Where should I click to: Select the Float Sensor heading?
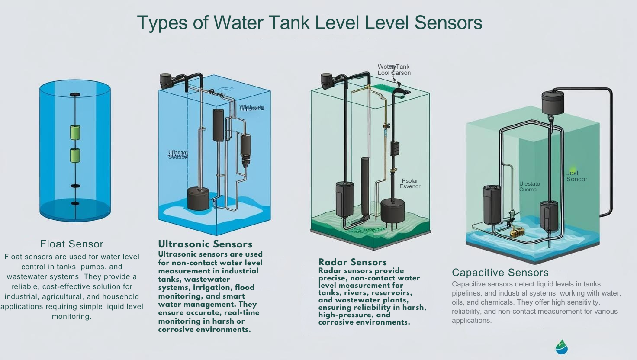72,244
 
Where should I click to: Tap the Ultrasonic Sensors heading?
205,244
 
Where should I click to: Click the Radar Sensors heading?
352,262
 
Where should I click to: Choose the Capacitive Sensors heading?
500,273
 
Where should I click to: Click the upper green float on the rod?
75,132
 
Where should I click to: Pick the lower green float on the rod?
75,155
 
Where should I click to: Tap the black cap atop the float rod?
75,94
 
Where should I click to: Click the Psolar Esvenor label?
410,183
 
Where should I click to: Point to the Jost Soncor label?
576,176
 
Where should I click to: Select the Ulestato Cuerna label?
529,186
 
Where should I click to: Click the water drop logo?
561,347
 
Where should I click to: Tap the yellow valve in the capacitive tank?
517,232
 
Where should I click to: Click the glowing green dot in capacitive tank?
573,170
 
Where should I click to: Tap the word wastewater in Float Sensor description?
28,276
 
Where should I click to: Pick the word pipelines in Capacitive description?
466,293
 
